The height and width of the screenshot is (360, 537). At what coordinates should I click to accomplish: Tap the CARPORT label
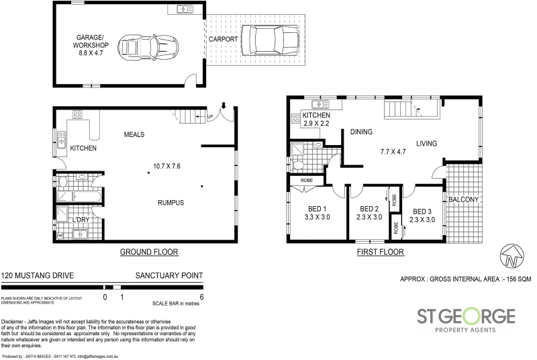click(x=224, y=40)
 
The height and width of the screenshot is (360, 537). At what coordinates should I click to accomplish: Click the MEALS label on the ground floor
click(x=135, y=134)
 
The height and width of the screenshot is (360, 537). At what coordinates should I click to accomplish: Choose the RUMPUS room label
click(x=171, y=203)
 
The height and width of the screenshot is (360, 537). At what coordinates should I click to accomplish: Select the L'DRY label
click(x=81, y=220)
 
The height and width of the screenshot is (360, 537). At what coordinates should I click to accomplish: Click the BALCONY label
click(x=463, y=199)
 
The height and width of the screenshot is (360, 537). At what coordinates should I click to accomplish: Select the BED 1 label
click(x=315, y=209)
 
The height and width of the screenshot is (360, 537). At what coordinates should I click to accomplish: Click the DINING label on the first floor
click(x=361, y=132)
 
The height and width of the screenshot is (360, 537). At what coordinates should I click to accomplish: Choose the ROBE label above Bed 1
click(x=305, y=181)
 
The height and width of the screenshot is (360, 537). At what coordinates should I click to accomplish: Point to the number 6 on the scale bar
click(x=201, y=296)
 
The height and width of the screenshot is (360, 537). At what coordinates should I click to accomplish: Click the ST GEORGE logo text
click(x=467, y=316)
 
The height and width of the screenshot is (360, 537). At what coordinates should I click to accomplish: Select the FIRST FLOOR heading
click(x=381, y=253)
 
